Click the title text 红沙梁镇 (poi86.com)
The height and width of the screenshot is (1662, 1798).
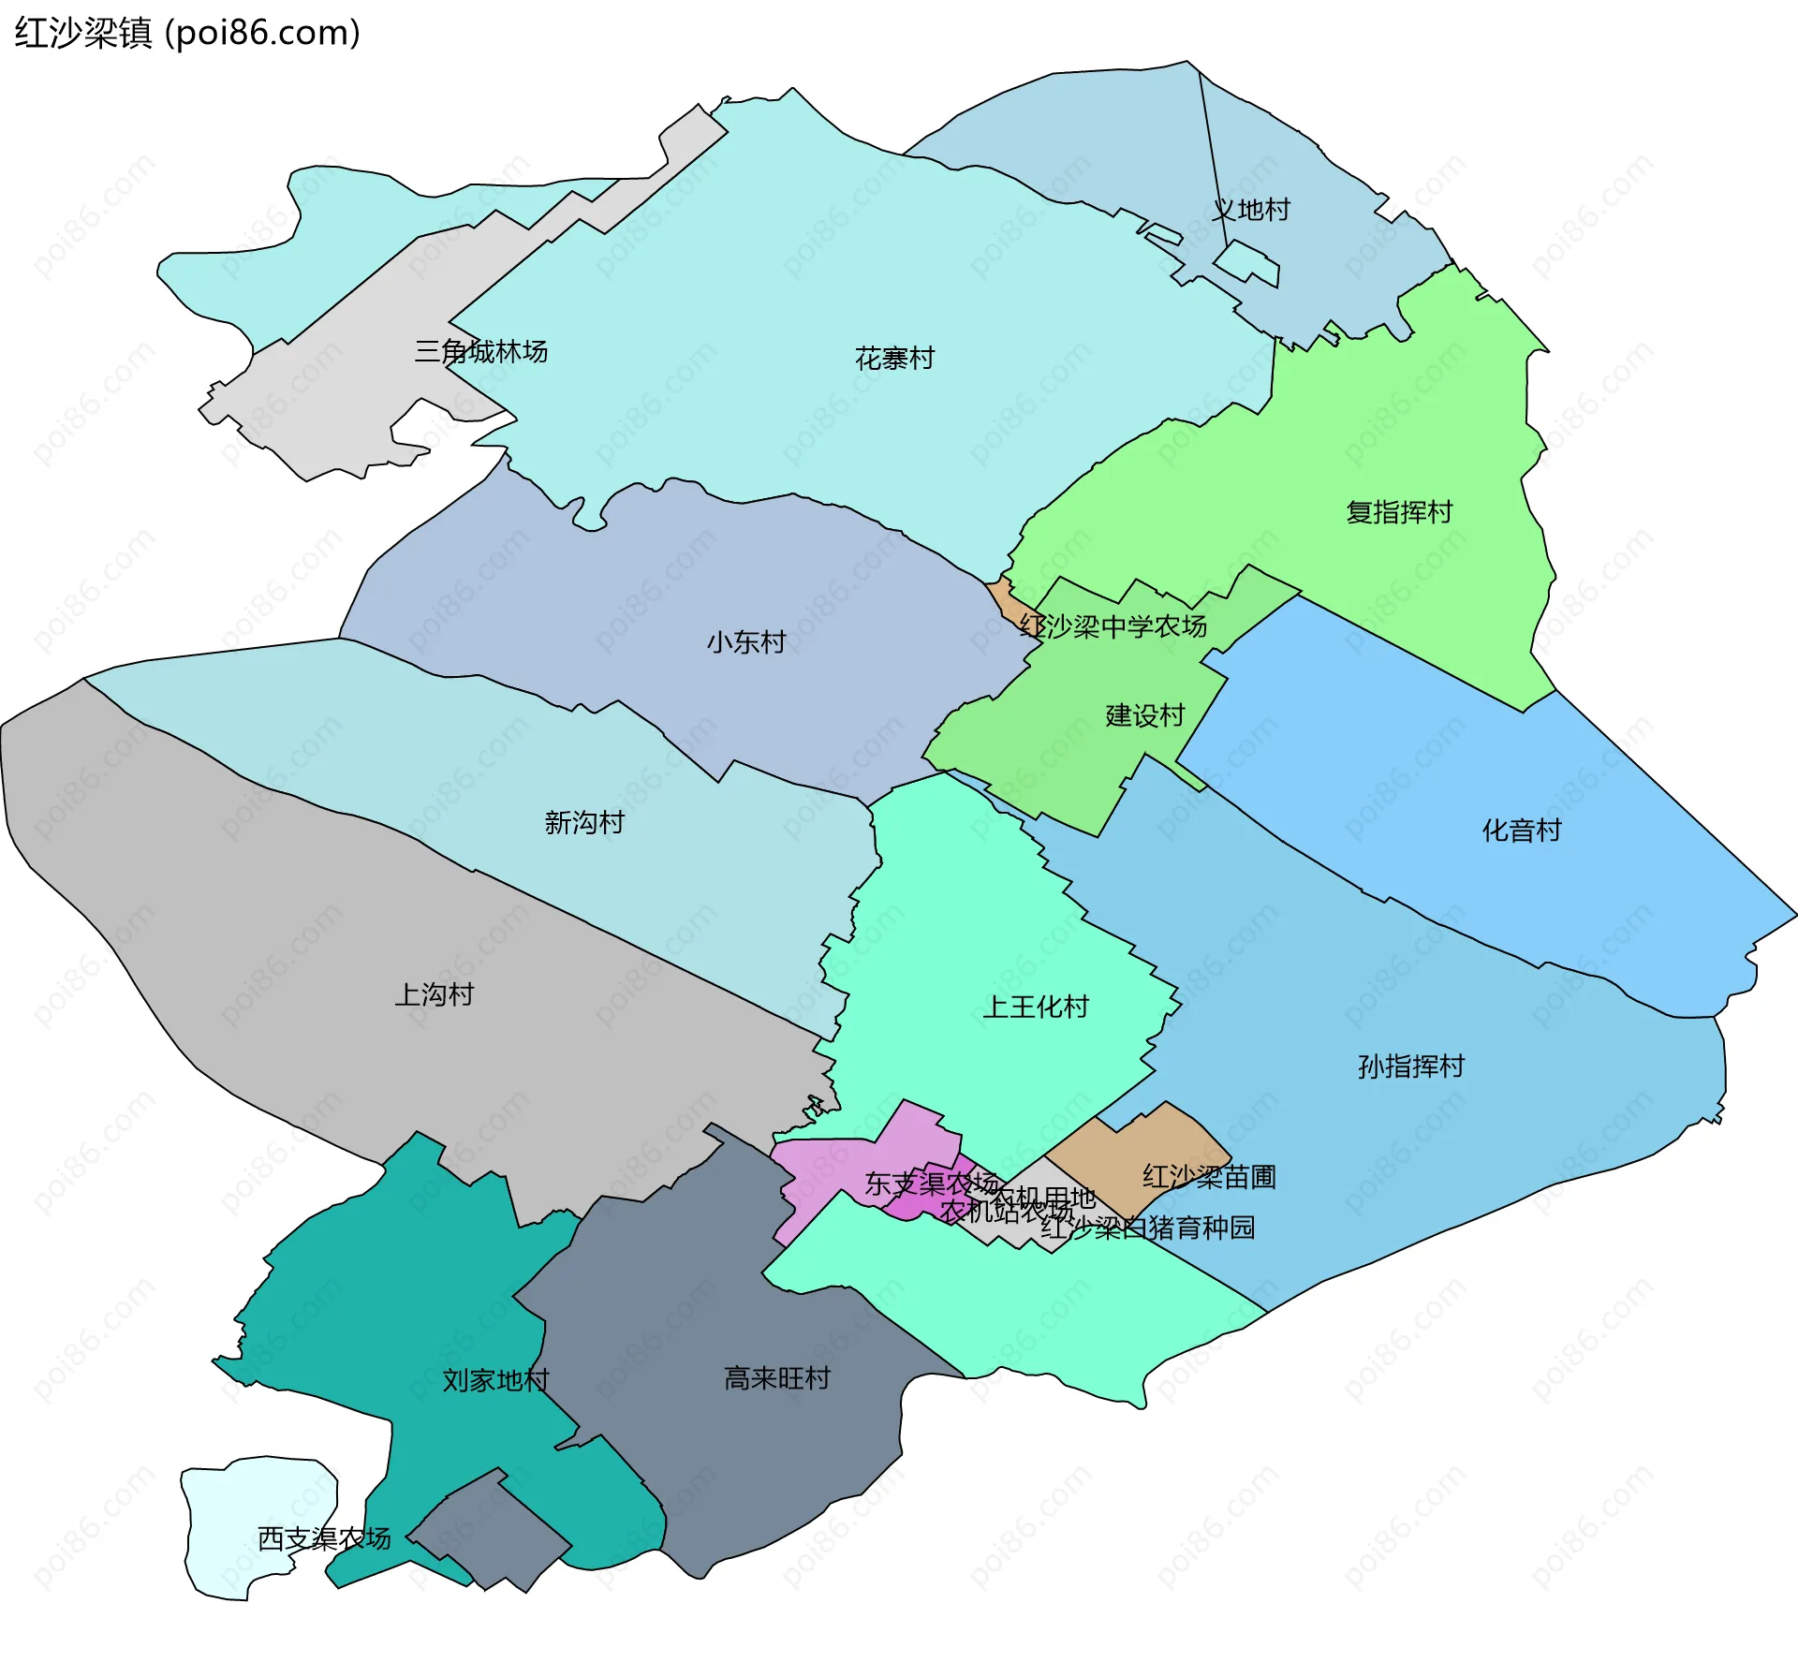click(x=187, y=34)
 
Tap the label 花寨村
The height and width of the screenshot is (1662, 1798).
click(x=894, y=359)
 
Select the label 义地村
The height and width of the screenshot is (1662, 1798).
click(x=1251, y=210)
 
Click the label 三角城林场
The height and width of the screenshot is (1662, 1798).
click(x=481, y=352)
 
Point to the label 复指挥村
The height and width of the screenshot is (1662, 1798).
click(x=1399, y=512)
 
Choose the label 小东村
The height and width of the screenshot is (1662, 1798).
click(x=746, y=642)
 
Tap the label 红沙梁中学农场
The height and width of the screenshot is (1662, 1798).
click(x=1113, y=626)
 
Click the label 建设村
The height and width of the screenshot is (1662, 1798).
click(x=1145, y=716)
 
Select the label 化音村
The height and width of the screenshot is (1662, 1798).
click(x=1522, y=831)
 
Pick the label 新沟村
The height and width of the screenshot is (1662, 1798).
click(x=584, y=823)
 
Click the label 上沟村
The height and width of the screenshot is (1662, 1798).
click(x=435, y=994)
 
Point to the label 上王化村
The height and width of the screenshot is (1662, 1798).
click(x=1036, y=1007)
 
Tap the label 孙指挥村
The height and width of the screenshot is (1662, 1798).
click(x=1411, y=1066)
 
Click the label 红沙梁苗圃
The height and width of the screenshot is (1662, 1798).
click(x=1209, y=1177)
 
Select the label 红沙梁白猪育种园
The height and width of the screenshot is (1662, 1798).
click(x=1148, y=1228)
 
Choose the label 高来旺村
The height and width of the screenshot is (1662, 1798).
click(x=777, y=1378)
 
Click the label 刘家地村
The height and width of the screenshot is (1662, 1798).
click(x=495, y=1380)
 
